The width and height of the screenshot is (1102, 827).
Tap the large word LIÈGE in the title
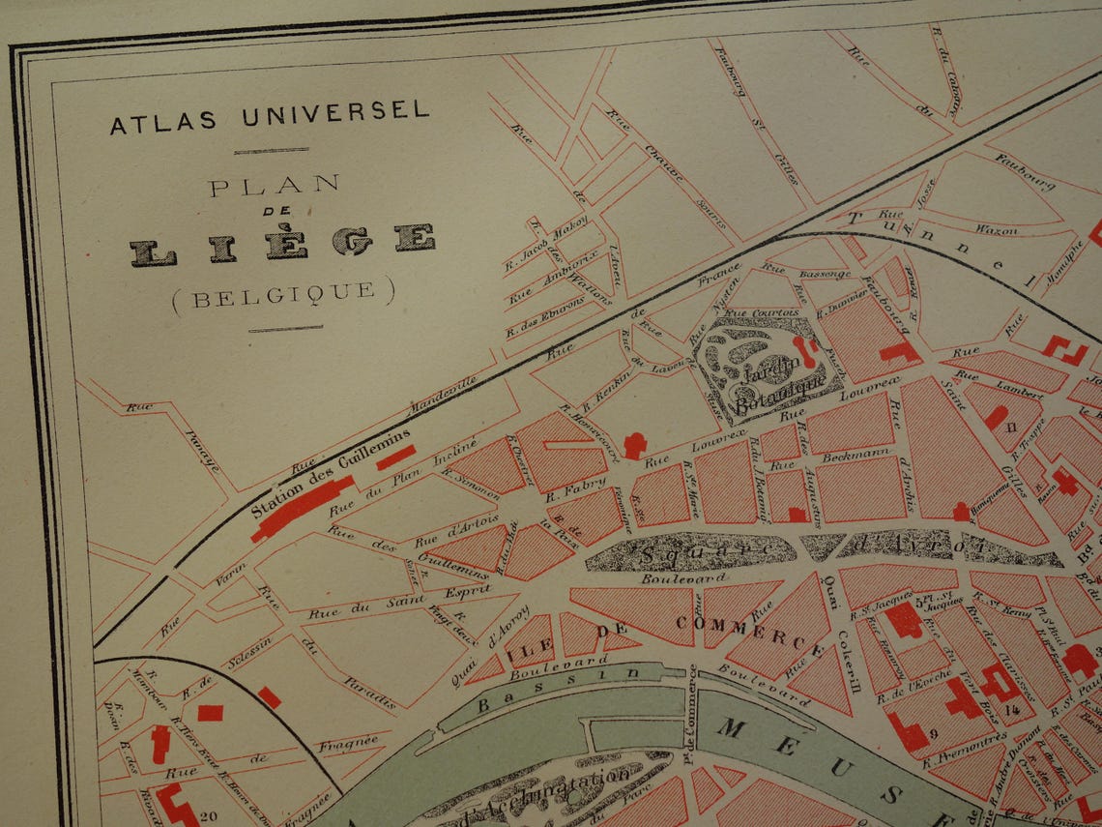pyautogui.click(x=282, y=245)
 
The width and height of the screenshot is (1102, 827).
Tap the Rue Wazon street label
pyautogui.click(x=996, y=230)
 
